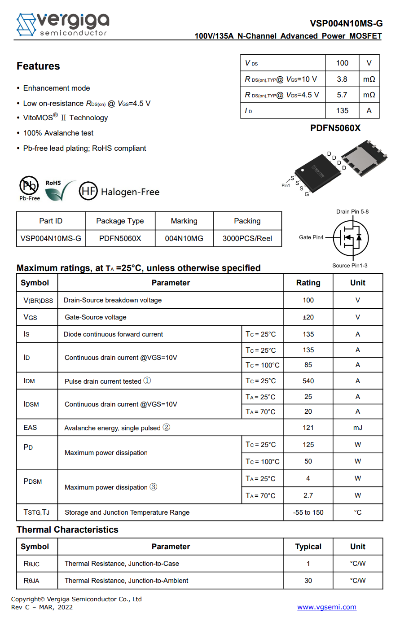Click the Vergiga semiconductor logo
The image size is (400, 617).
[62, 24]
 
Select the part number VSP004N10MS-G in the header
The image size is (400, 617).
[346, 23]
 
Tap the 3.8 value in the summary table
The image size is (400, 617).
[342, 79]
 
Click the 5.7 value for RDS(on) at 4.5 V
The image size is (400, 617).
[342, 95]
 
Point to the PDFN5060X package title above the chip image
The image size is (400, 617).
[335, 128]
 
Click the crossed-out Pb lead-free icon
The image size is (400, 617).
[29, 185]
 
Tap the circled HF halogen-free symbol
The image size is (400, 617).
[88, 191]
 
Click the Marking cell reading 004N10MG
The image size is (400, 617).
[184, 238]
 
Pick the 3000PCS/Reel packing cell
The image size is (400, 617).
[247, 238]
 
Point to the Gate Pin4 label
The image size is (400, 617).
[311, 237]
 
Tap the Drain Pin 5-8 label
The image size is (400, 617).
[352, 212]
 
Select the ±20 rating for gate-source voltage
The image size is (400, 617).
[308, 317]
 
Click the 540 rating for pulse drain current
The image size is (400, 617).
[308, 381]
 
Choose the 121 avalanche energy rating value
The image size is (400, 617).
[308, 428]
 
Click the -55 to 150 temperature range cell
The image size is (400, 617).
[308, 512]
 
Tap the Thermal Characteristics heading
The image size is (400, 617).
[67, 529]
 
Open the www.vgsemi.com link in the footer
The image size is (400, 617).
[326, 607]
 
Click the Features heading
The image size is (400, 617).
[38, 66]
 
